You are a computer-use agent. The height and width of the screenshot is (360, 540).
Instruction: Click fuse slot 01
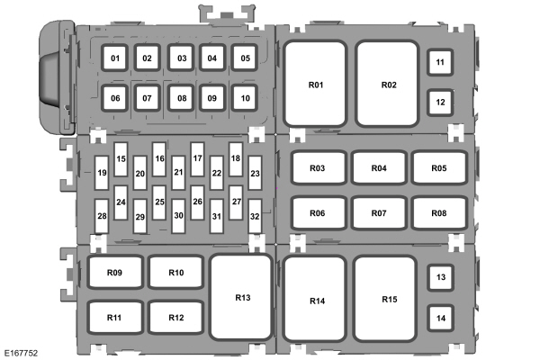[x=114, y=58]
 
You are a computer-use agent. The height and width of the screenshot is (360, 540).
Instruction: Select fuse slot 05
[x=245, y=58]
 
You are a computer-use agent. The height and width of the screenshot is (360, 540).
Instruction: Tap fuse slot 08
[x=181, y=98]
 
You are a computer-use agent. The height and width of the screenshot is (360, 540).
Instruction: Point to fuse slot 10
[x=245, y=98]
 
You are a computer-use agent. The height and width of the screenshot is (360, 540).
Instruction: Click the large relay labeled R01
[x=315, y=84]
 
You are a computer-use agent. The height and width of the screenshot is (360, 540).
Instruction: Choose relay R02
[x=388, y=84]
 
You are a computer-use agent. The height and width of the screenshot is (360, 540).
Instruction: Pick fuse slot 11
[x=440, y=62]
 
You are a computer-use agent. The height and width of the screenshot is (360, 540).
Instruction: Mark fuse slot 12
[x=440, y=103]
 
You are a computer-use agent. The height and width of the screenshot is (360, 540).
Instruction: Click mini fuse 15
[x=121, y=159]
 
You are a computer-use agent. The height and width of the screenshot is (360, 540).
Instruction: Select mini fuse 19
[x=102, y=173]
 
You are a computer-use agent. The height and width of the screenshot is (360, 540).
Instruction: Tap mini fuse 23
[x=255, y=173]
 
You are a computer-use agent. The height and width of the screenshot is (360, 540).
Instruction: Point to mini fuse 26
[x=197, y=202]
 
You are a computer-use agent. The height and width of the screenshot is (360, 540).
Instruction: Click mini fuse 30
[x=178, y=216]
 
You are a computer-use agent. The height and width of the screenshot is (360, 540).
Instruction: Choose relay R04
[x=379, y=167]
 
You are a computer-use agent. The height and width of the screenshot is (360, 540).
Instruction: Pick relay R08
[x=439, y=213]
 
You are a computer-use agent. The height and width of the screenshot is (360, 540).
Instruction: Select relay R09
[x=114, y=272]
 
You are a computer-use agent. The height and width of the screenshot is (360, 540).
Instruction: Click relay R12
[x=176, y=318]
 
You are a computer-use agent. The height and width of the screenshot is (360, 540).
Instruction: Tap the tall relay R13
[x=241, y=297]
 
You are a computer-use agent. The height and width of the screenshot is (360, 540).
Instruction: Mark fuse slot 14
[x=441, y=318]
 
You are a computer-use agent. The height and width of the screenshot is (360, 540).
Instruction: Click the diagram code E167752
[x=21, y=353]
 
